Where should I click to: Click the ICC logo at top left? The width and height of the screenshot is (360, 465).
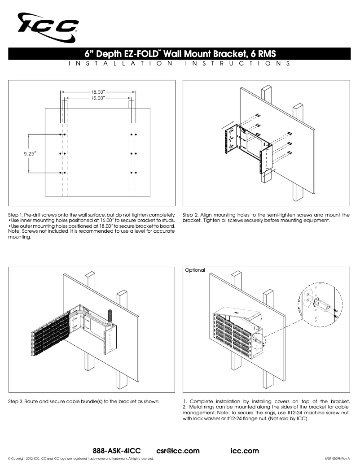pyautogui.click(x=48, y=26)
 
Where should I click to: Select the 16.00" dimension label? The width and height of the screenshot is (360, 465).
pyautogui.click(x=98, y=97)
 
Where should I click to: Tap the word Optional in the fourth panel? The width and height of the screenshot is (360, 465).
pyautogui.click(x=195, y=270)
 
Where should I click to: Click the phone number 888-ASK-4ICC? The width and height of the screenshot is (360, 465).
pyautogui.click(x=117, y=450)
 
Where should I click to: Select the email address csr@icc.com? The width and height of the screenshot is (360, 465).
pyautogui.click(x=178, y=450)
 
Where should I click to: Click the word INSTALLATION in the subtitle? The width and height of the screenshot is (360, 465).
pyautogui.click(x=121, y=64)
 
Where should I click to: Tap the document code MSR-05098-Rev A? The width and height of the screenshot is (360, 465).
pyautogui.click(x=337, y=459)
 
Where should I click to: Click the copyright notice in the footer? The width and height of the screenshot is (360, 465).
pyautogui.click(x=81, y=459)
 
